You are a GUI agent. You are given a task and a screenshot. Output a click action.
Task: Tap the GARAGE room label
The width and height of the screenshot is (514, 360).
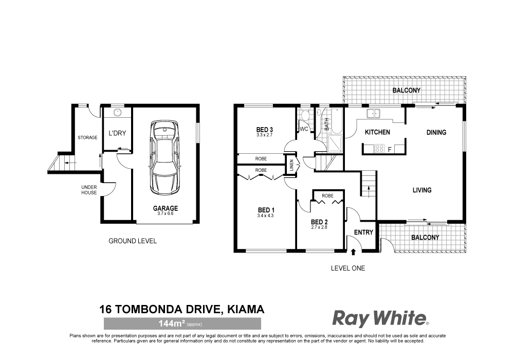[165, 208]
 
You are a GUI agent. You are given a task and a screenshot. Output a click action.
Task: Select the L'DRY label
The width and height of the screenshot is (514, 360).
[117, 133]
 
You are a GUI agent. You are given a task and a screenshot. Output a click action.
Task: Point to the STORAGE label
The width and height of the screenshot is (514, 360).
[87, 137]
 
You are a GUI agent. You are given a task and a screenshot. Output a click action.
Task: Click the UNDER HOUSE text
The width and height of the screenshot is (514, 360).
[88, 190]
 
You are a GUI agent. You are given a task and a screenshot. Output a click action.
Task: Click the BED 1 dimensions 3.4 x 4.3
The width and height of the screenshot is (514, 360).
[266, 216]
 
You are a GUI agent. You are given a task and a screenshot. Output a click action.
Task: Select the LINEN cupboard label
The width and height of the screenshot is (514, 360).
[291, 166]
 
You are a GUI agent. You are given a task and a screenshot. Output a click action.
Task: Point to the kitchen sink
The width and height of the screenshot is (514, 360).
[373, 113]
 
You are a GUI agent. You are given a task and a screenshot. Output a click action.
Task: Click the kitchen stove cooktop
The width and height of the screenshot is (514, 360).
[380, 149]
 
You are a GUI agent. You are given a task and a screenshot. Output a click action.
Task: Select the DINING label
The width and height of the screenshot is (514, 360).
[436, 132]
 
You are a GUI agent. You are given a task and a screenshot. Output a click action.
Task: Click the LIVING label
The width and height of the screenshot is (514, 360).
[421, 190]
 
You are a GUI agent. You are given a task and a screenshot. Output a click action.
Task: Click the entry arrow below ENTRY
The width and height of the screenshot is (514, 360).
[354, 251]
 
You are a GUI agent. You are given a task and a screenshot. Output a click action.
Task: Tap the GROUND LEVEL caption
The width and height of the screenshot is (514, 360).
[133, 241]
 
